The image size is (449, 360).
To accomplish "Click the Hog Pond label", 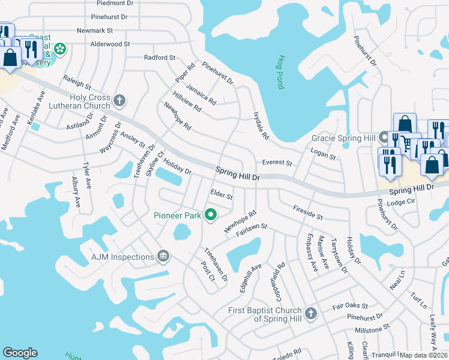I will (280, 73).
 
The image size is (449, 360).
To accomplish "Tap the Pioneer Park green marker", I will (211, 214).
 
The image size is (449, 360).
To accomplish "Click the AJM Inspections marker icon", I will (163, 257).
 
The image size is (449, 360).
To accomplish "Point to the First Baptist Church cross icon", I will (310, 313).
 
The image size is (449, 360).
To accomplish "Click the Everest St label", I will (277, 163).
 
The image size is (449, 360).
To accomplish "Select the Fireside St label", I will (308, 212).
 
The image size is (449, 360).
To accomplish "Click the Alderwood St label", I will (110, 44).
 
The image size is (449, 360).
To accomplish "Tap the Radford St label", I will (159, 58).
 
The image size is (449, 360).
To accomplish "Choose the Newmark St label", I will (95, 31).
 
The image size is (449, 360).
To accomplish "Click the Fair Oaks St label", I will (350, 306).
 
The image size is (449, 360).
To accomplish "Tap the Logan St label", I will (323, 155).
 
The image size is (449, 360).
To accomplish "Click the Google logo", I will (20, 353).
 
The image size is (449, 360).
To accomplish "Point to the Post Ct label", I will (208, 271).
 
